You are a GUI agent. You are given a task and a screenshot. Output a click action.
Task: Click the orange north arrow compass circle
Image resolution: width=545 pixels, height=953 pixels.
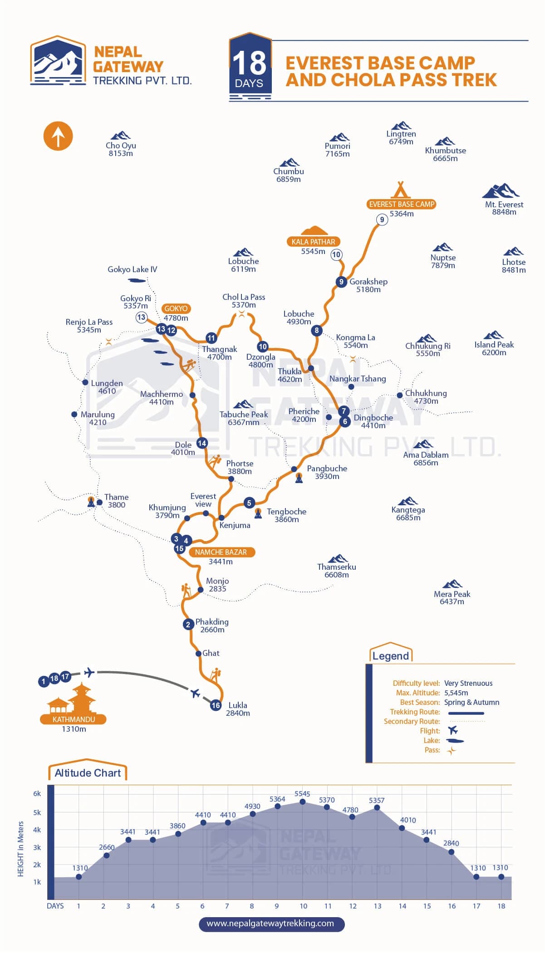[58, 136]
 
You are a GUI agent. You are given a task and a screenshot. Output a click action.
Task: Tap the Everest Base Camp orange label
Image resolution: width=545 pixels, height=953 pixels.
[402, 204]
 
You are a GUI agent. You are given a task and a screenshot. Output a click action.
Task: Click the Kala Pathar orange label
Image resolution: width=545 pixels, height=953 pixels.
[314, 242]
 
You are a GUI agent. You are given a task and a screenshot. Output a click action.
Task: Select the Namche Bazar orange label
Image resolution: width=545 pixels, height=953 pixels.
[221, 552]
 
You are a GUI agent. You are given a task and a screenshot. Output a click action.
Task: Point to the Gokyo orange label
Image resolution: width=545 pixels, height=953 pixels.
[176, 308]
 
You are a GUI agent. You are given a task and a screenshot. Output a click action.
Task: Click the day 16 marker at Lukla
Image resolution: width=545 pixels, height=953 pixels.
[216, 705]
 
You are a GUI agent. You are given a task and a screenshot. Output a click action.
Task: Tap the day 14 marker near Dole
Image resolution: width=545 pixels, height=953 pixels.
[202, 443]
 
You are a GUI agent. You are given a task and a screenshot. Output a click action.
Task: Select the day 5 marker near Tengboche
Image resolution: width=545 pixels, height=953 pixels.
[249, 503]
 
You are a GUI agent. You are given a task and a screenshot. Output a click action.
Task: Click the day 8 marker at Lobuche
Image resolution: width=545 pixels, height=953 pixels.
[317, 330]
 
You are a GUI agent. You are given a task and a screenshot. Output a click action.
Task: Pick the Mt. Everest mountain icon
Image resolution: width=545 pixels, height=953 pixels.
[501, 191]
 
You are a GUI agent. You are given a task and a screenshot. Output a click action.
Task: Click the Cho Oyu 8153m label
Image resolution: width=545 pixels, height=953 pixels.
[121, 149]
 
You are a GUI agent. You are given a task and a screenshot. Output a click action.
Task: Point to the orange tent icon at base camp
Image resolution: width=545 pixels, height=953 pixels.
[400, 189]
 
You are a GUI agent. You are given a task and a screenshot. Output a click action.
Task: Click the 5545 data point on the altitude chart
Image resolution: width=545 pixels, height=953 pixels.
[303, 801]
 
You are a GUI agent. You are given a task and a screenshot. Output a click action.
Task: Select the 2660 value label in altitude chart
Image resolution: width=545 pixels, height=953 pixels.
[107, 847]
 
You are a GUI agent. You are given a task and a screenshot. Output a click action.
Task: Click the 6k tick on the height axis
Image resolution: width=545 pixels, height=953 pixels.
[37, 793]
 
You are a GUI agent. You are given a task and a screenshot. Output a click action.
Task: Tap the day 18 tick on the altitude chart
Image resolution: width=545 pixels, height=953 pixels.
[501, 906]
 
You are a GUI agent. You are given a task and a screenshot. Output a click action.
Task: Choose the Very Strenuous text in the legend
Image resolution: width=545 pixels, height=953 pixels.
[468, 683]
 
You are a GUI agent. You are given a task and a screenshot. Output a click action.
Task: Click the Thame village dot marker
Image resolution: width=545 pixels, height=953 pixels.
[100, 502]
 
